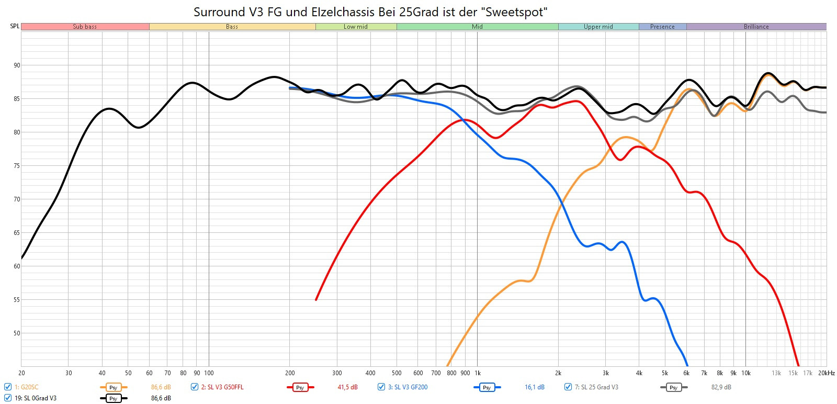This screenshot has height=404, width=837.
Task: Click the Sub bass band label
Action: click(x=85, y=27)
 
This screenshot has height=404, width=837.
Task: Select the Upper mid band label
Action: click(x=598, y=27)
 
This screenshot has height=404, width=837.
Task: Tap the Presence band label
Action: click(x=662, y=27)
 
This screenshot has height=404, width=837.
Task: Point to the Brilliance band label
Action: click(x=756, y=27)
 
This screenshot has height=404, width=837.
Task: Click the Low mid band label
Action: click(x=356, y=27)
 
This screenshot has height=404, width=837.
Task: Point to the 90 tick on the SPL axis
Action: click(x=17, y=65)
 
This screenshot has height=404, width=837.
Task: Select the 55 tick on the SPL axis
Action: click(x=17, y=300)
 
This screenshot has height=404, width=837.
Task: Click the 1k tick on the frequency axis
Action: click(x=477, y=373)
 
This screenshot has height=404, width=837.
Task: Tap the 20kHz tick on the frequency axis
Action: click(x=827, y=373)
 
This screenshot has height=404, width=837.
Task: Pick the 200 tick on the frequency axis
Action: click(x=290, y=373)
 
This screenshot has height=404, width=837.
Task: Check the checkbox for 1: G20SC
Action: click(x=8, y=387)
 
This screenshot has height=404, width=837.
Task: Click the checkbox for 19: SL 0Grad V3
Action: click(x=8, y=398)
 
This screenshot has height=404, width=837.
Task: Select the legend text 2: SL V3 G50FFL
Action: click(x=222, y=387)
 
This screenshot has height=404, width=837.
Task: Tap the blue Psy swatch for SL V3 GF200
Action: click(x=487, y=387)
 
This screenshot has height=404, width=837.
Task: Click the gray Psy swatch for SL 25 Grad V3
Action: click(x=673, y=387)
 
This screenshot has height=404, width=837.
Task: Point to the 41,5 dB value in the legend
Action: click(x=347, y=387)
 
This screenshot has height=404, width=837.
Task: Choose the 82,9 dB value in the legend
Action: click(x=721, y=387)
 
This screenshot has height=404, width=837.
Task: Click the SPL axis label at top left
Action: click(x=15, y=26)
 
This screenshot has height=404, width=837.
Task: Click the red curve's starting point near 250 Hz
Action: click(x=316, y=299)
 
